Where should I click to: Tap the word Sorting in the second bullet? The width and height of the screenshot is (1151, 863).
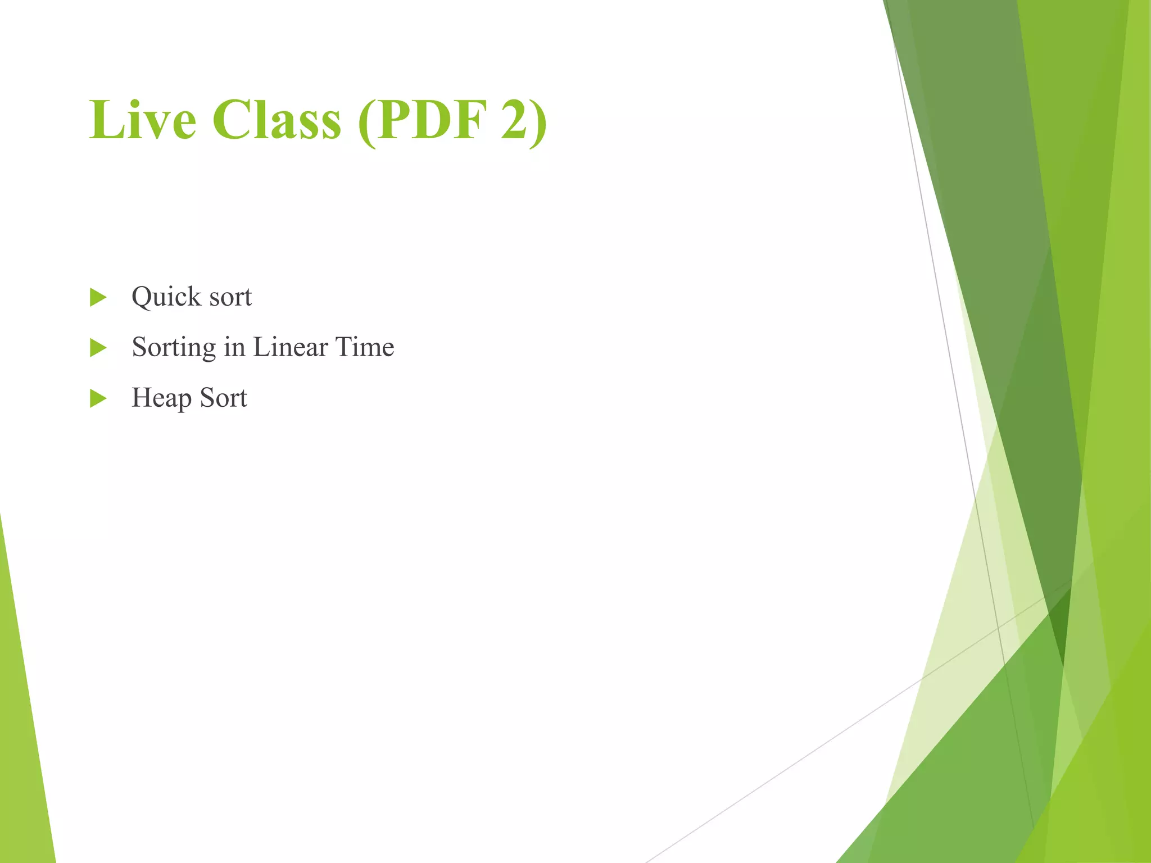tap(174, 348)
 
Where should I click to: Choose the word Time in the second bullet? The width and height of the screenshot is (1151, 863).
tap(365, 347)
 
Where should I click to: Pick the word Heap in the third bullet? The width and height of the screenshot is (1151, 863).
tap(161, 398)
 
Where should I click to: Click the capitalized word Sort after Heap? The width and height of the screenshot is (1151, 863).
tap(223, 398)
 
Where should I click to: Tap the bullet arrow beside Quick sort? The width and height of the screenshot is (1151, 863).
tap(98, 297)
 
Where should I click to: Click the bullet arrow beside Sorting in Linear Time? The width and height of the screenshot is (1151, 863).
tap(98, 348)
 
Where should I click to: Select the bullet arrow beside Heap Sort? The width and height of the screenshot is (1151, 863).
tap(98, 398)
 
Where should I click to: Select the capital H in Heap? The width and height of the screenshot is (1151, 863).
tap(141, 397)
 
